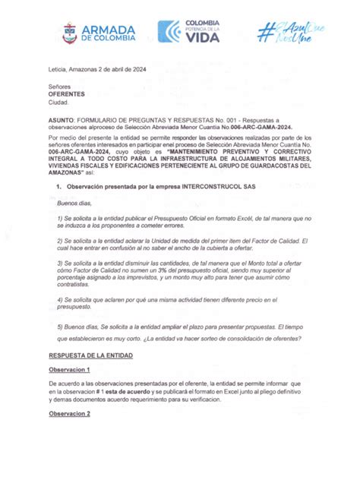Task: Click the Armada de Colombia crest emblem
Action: [69, 32]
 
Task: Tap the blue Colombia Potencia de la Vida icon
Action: [169, 31]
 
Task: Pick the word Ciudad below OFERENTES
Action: [58, 102]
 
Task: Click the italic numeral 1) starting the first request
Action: [60, 218]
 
